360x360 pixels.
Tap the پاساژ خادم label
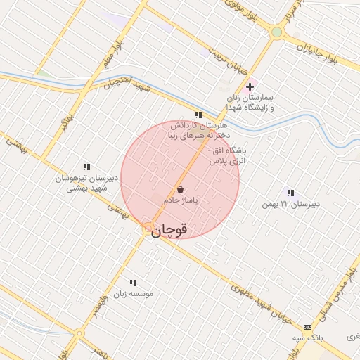click(x=181, y=200)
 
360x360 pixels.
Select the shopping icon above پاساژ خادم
click(x=181, y=189)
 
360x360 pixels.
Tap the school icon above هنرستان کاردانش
click(x=198, y=114)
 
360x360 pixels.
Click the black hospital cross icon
click(x=250, y=86)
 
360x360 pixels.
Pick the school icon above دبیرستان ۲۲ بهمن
click(x=290, y=193)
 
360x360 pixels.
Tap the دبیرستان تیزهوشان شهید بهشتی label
click(x=86, y=183)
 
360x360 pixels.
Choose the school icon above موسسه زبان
click(x=133, y=283)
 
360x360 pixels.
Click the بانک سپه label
click(x=308, y=338)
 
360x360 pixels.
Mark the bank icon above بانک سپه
click(x=307, y=327)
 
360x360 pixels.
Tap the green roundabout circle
click(x=277, y=32)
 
